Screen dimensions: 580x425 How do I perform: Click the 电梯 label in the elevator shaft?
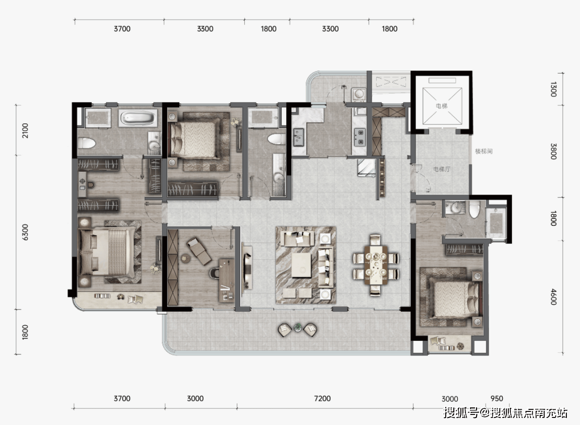[441, 106]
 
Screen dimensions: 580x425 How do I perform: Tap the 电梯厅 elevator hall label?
[442, 169]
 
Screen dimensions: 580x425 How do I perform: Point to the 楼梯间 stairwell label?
[484, 151]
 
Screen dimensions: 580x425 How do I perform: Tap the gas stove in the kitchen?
[359, 136]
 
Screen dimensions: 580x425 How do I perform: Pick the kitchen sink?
[298, 137]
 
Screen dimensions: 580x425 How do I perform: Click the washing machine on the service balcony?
[358, 94]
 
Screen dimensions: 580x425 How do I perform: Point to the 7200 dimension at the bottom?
[322, 398]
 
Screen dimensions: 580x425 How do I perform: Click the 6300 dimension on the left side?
[25, 232]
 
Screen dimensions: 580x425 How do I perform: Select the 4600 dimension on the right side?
[553, 297]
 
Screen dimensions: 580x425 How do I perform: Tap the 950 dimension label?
[497, 398]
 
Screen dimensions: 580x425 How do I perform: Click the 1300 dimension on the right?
[553, 89]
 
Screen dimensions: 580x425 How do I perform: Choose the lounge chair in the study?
[199, 251]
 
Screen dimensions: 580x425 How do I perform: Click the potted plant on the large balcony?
[298, 327]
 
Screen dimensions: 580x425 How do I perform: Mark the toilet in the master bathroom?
[86, 143]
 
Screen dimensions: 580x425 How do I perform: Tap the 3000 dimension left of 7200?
[195, 398]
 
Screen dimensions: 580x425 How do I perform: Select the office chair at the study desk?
[215, 272]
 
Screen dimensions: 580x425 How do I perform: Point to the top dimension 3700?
[122, 29]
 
